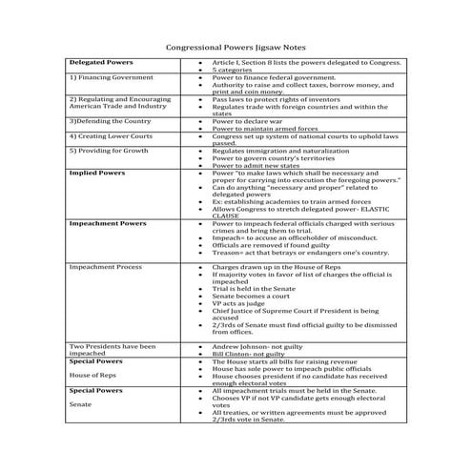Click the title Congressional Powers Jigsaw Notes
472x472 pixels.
[x=236, y=45]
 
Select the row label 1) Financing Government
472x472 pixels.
[x=107, y=76]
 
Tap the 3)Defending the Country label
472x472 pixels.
[x=109, y=122]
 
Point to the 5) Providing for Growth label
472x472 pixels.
[x=109, y=151]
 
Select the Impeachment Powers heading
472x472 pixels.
[x=107, y=223]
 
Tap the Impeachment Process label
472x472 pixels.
[x=105, y=269]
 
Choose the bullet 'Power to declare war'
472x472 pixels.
[x=251, y=122]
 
